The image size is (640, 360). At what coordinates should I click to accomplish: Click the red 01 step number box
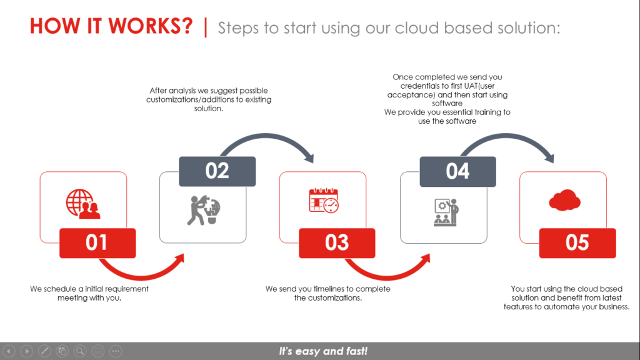(97, 243)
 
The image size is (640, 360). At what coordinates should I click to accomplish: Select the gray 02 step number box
(217, 171)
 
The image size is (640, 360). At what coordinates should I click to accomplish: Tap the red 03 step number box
(337, 243)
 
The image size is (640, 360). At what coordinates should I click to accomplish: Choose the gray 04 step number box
(458, 171)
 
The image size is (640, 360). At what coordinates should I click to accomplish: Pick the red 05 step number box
(577, 243)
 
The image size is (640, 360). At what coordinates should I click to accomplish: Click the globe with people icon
(83, 204)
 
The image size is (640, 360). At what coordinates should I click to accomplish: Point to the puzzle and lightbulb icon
(204, 210)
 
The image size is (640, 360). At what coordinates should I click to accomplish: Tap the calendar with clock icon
(324, 201)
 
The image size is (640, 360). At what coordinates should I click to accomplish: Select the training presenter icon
(446, 212)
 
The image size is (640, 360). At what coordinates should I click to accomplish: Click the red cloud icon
(564, 200)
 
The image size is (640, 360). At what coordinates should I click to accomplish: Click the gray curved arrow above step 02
(266, 136)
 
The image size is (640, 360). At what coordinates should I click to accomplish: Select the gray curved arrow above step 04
(506, 136)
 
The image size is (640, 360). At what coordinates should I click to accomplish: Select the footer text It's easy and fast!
(323, 351)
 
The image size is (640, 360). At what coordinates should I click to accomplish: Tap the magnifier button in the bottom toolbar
(80, 351)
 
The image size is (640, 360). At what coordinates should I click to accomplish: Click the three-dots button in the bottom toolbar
(116, 351)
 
